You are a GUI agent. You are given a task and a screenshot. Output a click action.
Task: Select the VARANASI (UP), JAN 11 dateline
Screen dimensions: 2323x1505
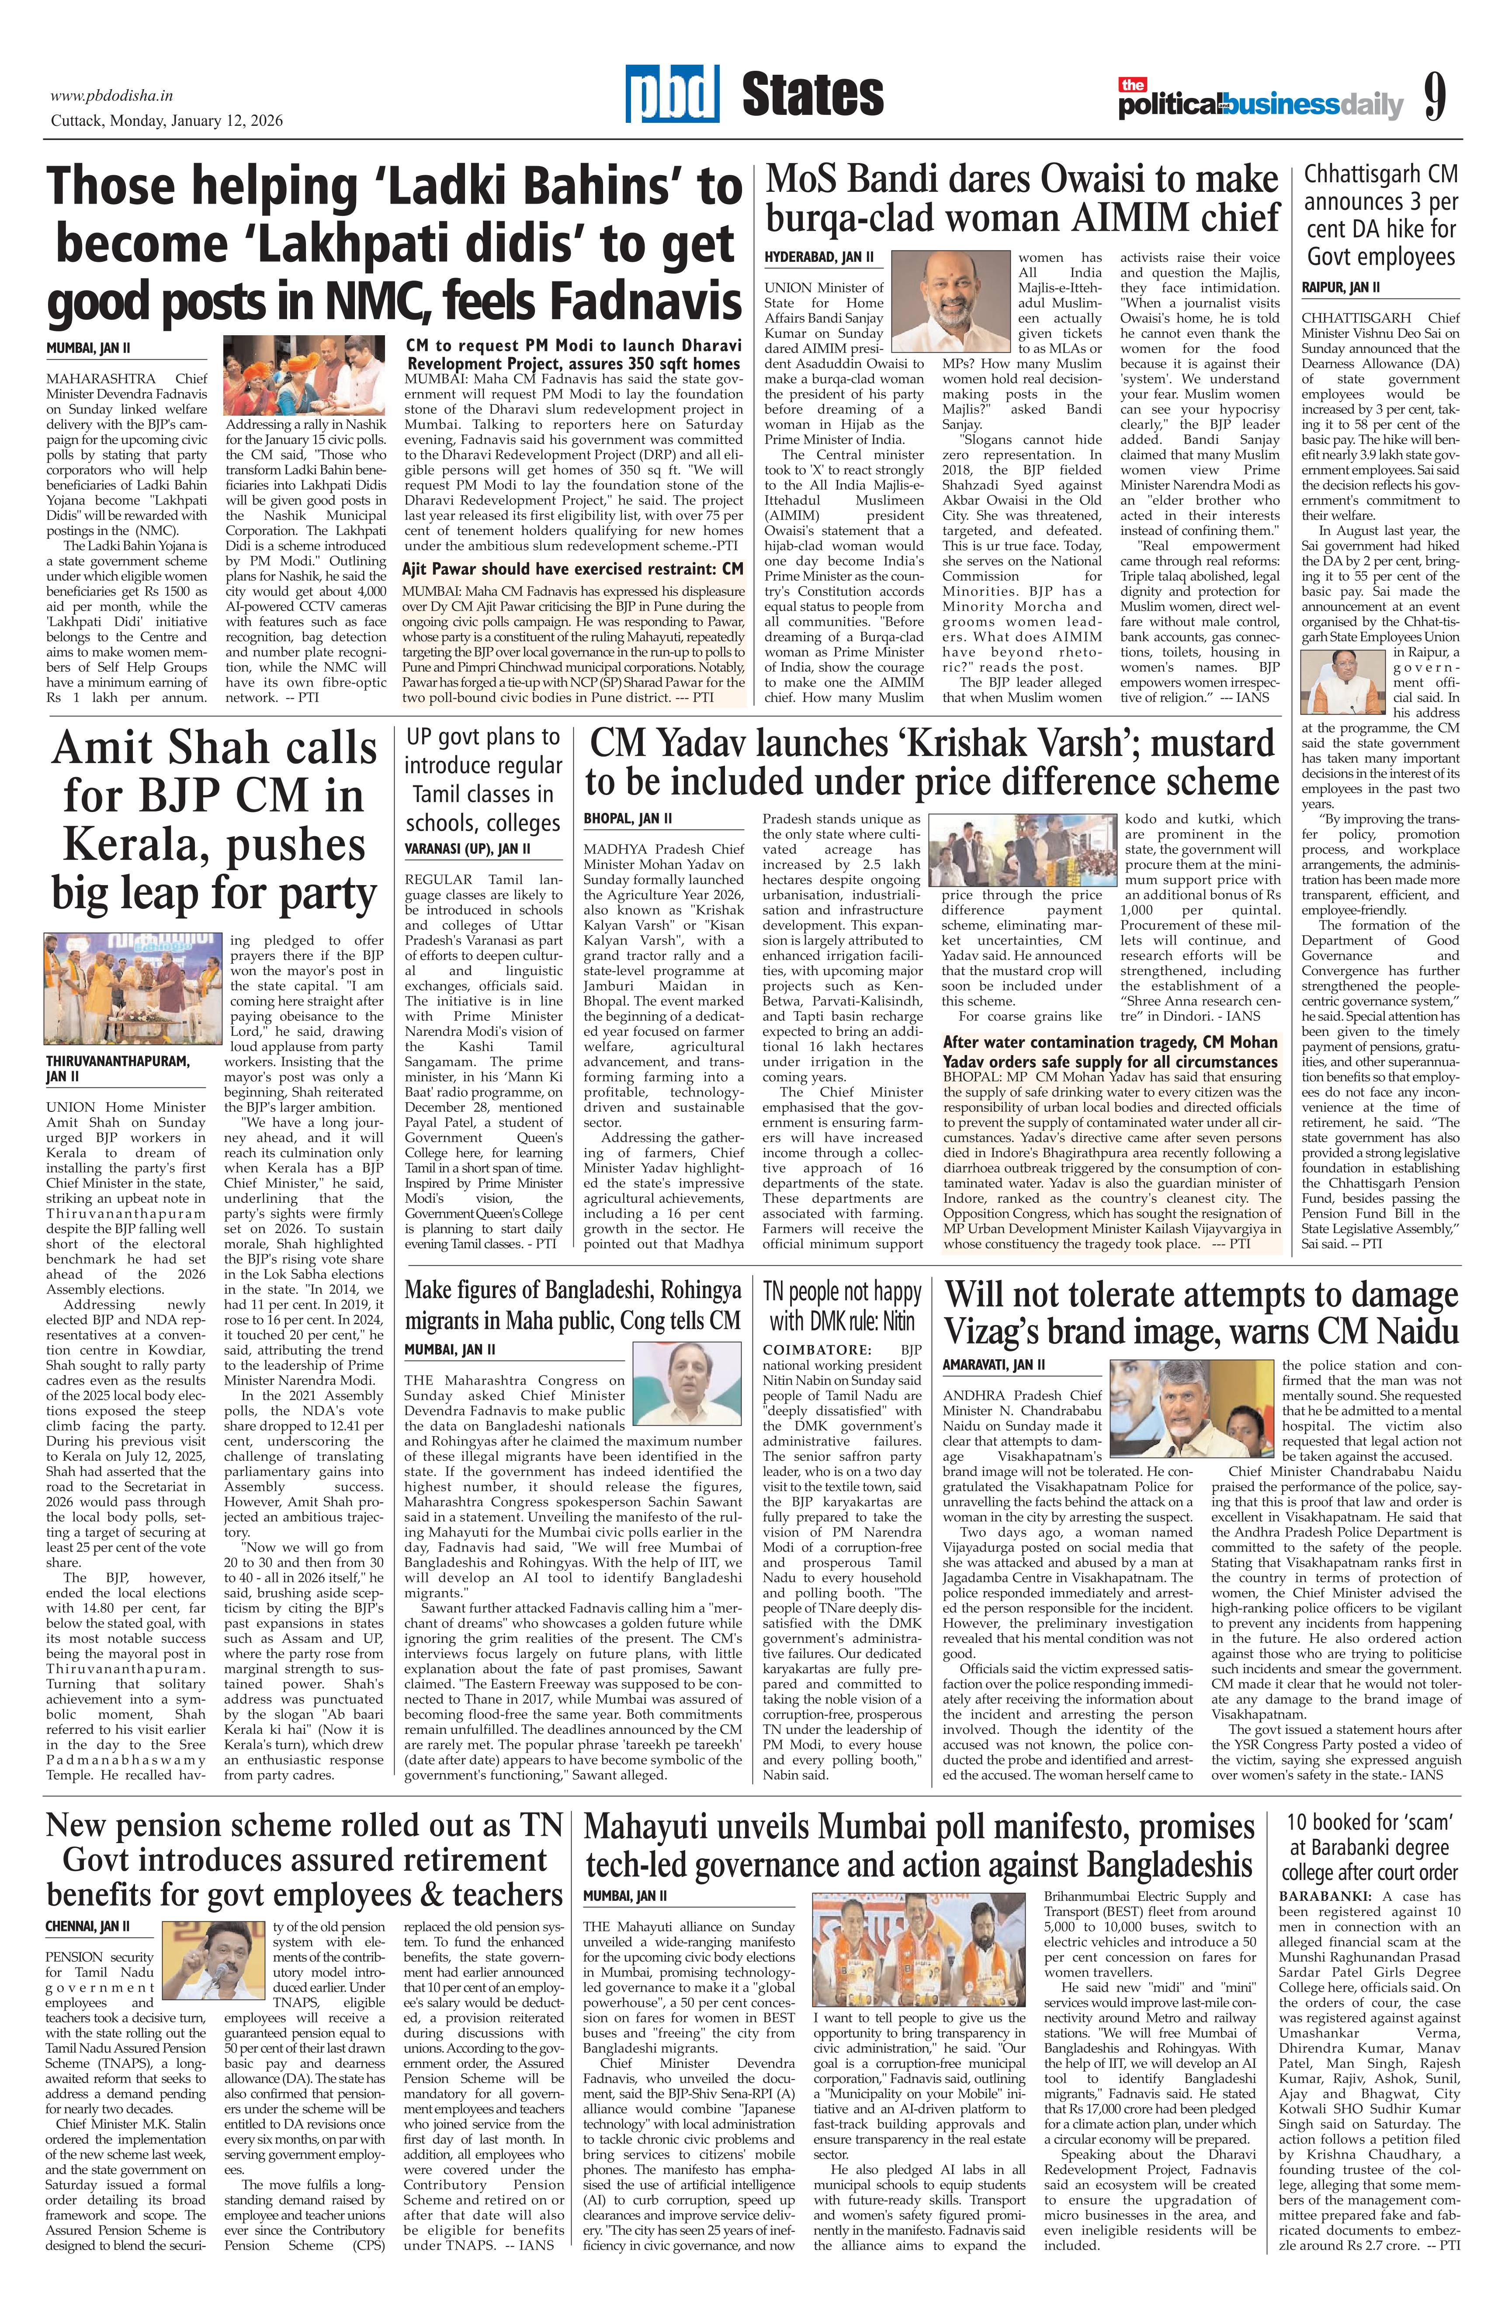(x=468, y=849)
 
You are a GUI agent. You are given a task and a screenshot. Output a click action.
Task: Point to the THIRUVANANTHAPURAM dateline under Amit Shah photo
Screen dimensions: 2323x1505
(x=117, y=1068)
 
